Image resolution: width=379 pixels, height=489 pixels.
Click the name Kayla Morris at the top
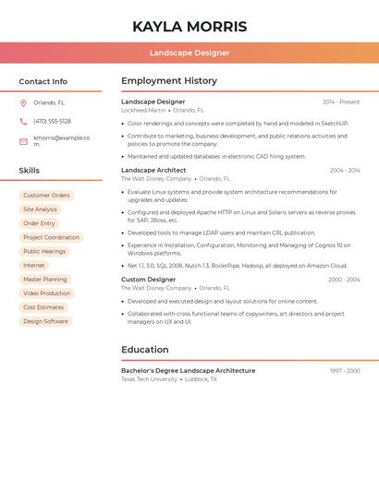coord(189,26)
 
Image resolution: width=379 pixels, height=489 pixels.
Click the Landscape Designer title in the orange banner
coord(189,53)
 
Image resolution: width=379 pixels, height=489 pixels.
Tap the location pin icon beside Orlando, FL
coord(23,102)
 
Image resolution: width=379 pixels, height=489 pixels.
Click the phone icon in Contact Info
coord(23,121)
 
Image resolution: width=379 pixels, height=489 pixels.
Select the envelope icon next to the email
coord(23,141)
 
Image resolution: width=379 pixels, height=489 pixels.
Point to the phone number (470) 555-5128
coord(52,121)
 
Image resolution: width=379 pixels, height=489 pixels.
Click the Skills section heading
coord(30,171)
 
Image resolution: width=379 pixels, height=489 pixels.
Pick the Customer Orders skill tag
coord(46,196)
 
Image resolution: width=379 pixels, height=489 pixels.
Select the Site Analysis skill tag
coord(40,209)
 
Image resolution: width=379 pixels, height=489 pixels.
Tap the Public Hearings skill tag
coord(44,251)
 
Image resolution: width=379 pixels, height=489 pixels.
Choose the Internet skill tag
coord(33,265)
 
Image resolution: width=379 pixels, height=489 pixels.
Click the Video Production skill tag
coord(46,293)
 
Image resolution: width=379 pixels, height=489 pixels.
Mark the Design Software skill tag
coord(45,321)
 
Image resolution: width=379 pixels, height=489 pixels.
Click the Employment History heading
coord(169,81)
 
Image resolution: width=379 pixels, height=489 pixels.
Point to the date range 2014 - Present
coord(341,101)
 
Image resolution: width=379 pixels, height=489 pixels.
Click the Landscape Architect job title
coord(153,170)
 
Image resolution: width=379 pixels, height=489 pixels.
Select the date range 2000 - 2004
coord(344,280)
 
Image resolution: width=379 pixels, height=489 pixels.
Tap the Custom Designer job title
coord(148,280)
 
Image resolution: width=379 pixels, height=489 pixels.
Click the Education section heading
coord(145,350)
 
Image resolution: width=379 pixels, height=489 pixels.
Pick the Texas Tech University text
coord(149,379)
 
